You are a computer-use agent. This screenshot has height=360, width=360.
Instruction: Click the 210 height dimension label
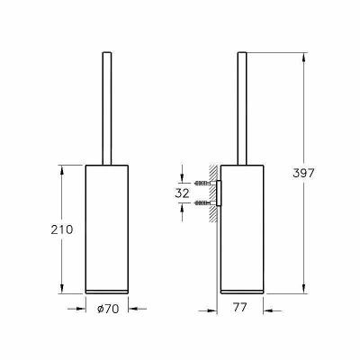[x=62, y=229]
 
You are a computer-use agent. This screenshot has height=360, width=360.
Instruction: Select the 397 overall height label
[x=303, y=173]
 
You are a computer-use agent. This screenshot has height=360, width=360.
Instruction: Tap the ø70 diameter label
[x=108, y=309]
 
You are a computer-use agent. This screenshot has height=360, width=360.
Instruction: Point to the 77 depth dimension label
[x=239, y=307]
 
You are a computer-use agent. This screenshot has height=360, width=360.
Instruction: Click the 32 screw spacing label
[x=182, y=193]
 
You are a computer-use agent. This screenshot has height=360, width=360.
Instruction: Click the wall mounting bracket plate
[x=219, y=193]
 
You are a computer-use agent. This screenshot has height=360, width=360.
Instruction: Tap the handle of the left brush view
[x=107, y=109]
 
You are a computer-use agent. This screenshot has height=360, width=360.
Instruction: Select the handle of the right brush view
[x=242, y=109]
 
